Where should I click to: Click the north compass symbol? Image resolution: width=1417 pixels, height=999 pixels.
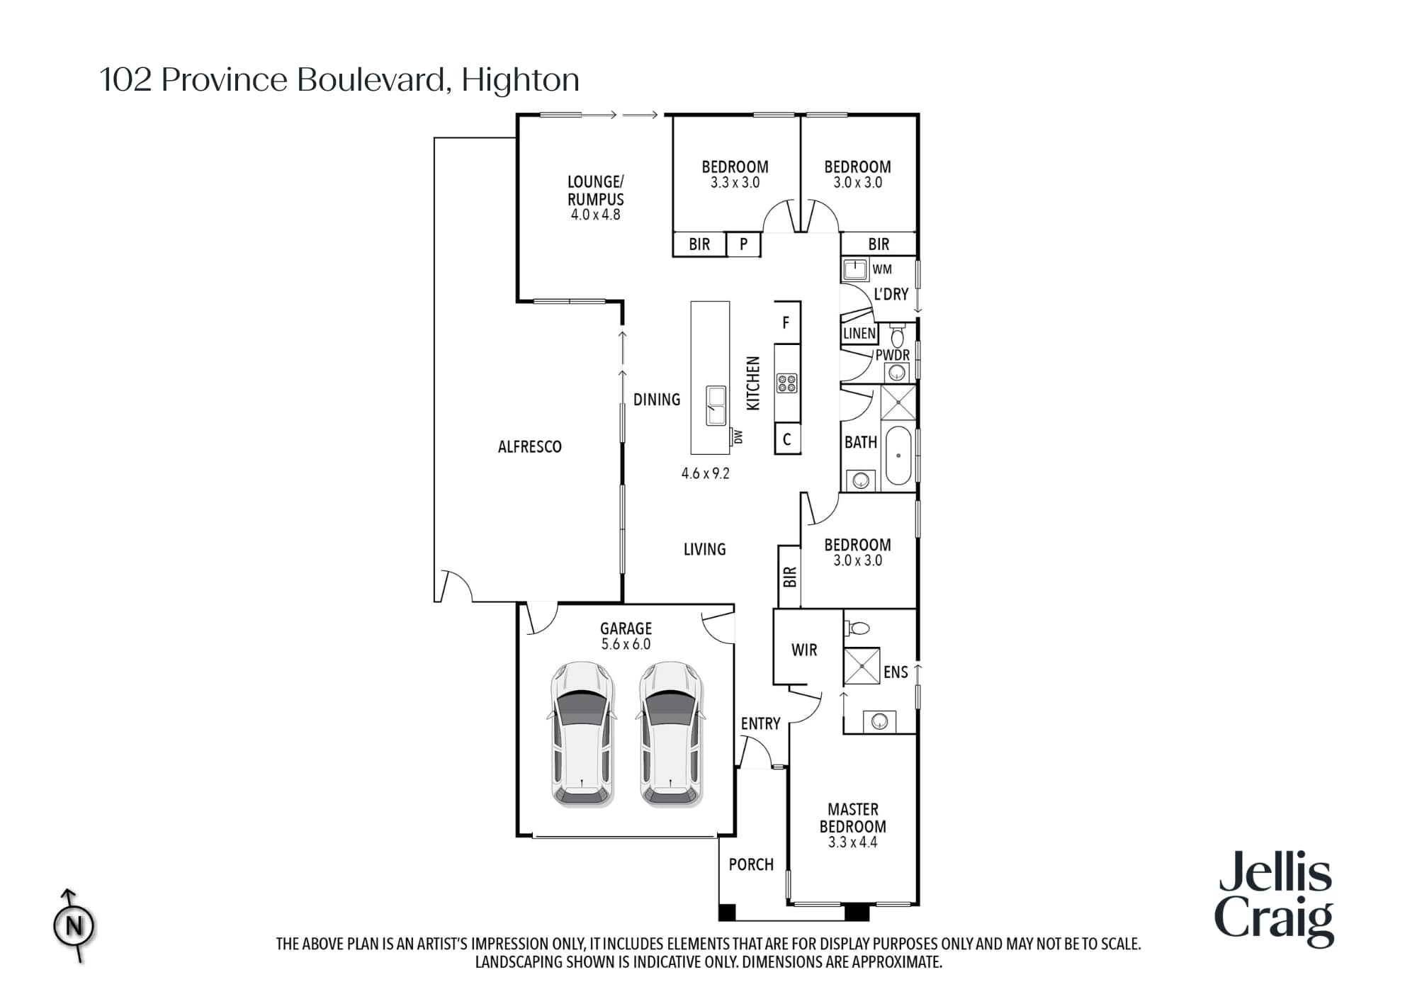coord(74,925)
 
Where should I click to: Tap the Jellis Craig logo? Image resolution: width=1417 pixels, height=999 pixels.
coord(1275,899)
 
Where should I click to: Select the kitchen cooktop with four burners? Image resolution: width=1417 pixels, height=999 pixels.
coord(787,383)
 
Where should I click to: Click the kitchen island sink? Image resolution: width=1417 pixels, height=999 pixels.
coord(716,405)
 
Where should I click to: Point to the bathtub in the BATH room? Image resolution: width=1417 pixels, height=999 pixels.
coord(898,455)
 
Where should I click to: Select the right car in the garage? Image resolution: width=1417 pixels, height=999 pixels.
coord(671,734)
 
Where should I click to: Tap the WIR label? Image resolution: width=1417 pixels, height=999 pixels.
coord(804,650)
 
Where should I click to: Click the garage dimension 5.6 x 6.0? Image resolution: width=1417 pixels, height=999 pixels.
coord(626,644)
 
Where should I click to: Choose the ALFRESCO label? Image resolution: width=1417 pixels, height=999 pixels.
coord(529,446)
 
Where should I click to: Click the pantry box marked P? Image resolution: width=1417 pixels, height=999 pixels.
coord(743,244)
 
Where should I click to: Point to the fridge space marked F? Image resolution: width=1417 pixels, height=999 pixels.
coord(786,323)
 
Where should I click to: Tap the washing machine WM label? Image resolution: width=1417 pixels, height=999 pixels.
coord(882,269)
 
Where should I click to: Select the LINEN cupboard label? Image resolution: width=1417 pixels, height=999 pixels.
coord(859,333)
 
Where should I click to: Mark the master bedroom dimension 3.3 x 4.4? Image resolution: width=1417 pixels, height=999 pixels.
coord(852,842)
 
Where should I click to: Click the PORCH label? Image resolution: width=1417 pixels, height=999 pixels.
coord(751,864)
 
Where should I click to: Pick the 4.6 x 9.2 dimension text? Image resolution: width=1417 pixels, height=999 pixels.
coord(705,473)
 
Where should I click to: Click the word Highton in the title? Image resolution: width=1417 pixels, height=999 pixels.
coord(520,79)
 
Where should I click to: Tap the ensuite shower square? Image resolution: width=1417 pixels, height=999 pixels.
coord(862,665)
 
